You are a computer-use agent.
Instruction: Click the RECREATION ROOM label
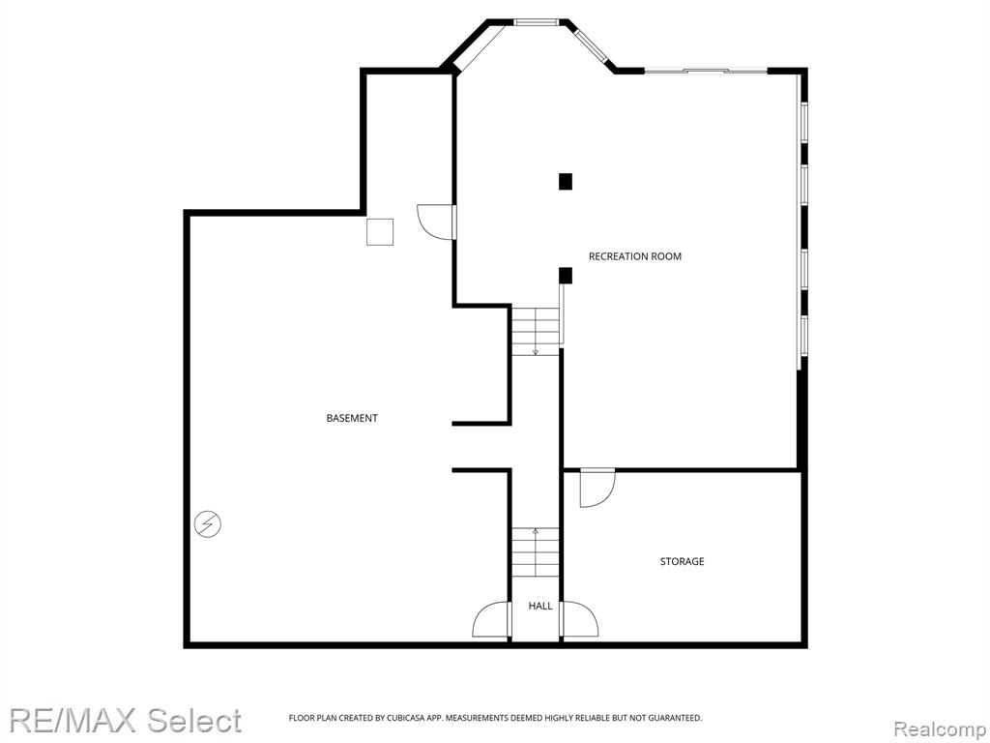coord(634,255)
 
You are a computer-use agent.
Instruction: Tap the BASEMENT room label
coord(352,418)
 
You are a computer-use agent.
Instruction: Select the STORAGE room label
coord(682,561)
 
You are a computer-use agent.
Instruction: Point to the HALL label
coord(539,606)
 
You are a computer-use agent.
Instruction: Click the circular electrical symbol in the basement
coord(208,523)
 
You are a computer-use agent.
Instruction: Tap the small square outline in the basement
coord(380,232)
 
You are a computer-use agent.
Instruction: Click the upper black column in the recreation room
coord(565,181)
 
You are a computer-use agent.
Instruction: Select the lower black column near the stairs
coord(565,276)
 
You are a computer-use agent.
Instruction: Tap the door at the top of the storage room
coord(597,488)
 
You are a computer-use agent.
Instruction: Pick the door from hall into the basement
coord(491,619)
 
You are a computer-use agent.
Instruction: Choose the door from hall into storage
coord(580,619)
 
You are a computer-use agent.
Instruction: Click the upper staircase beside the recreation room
coord(536,331)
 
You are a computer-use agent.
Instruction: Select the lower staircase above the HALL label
coord(536,552)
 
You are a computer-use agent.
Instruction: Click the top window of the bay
coord(536,22)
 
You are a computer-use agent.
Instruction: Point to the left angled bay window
coord(480,48)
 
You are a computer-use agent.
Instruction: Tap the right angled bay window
coord(591,45)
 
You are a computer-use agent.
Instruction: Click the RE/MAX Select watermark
coord(125,720)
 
